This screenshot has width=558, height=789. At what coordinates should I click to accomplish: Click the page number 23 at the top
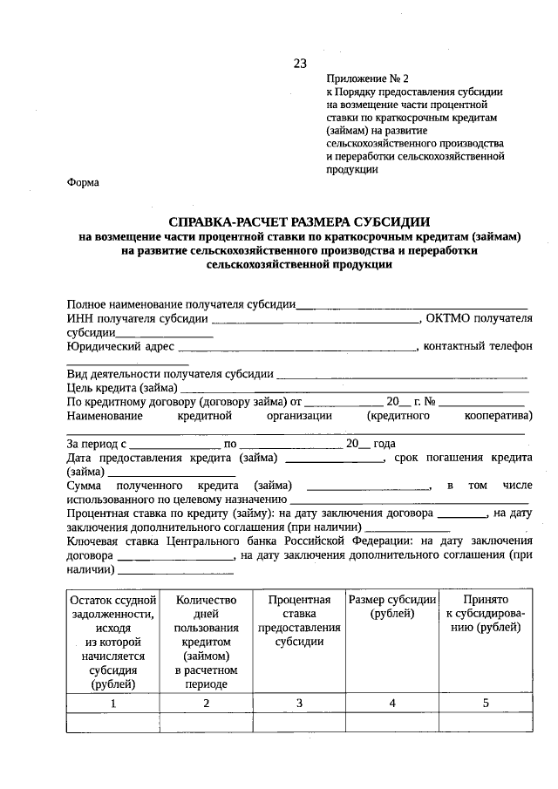point(300,63)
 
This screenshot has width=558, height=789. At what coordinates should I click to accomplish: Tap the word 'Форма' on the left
point(83,182)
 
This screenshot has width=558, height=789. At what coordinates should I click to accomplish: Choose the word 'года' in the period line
point(384,444)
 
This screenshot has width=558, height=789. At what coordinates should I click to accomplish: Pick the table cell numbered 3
point(299,703)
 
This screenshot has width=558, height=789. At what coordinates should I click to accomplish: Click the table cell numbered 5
point(486,703)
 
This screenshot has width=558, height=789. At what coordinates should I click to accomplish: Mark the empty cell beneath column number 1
point(112,724)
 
